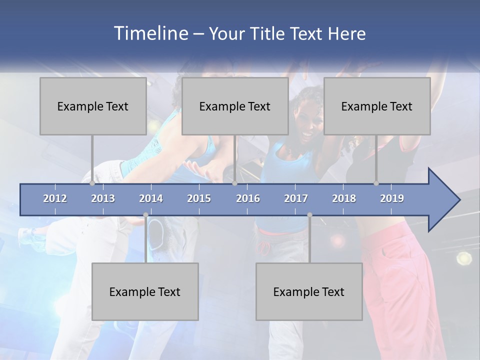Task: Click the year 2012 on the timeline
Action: tap(55, 198)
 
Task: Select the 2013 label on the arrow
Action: tap(103, 198)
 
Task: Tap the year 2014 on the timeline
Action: tap(151, 198)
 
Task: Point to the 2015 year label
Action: tap(199, 198)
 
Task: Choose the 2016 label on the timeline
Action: tap(248, 198)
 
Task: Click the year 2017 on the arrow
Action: tap(296, 198)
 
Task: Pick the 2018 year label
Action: tap(344, 198)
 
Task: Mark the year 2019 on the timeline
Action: tap(392, 198)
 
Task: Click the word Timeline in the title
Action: tap(150, 33)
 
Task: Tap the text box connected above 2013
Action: tap(93, 106)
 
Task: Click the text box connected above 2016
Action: tap(235, 106)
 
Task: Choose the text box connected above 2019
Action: tap(377, 106)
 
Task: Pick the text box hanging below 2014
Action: tap(145, 291)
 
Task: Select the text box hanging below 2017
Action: tap(309, 291)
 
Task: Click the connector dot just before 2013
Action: tap(92, 183)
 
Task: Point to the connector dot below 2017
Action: tap(309, 215)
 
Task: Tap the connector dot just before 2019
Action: tap(376, 183)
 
